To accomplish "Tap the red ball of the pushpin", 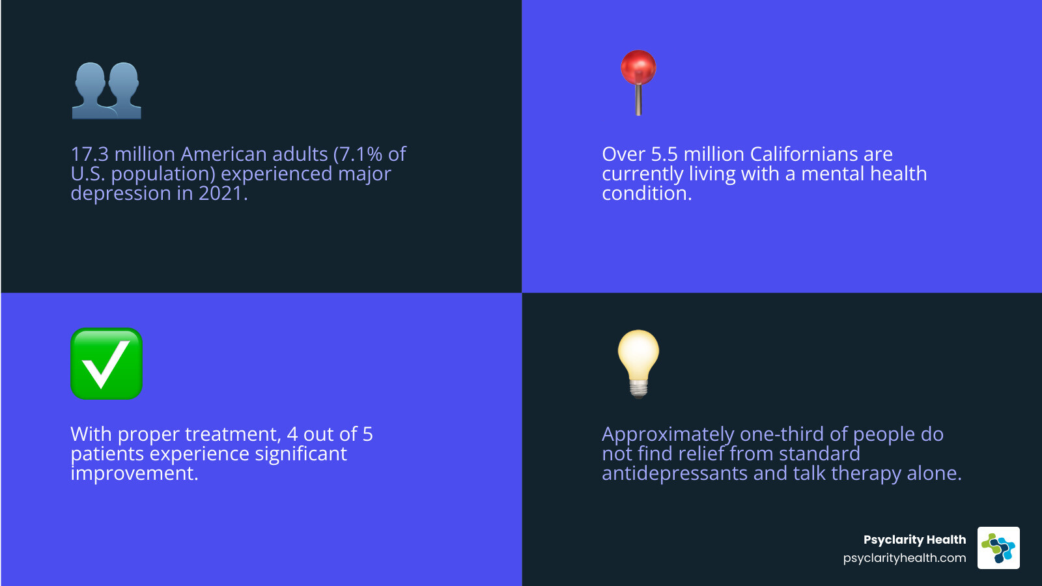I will pos(638,67).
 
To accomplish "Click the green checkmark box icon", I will pos(106,363).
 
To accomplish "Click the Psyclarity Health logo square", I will pos(998,548).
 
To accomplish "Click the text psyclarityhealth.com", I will pos(904,558).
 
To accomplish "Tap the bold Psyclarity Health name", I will pos(914,540).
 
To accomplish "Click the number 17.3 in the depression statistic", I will pos(89,154).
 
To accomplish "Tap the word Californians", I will pos(804,154).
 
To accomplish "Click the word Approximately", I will pos(668,434).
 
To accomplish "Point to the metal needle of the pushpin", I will pos(638,101).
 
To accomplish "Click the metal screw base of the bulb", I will pos(639,389).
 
